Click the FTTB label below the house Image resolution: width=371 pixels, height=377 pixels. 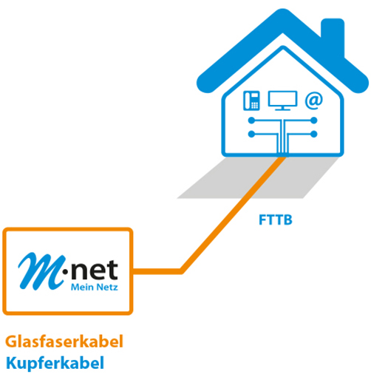(276, 220)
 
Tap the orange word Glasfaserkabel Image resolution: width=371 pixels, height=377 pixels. (64, 342)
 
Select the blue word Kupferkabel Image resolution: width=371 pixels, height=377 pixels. (55, 363)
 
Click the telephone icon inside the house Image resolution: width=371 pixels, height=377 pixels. (251, 101)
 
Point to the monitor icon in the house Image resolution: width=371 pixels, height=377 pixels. (282, 101)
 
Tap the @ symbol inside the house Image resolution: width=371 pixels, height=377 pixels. (313, 101)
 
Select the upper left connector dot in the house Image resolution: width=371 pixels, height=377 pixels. (251, 120)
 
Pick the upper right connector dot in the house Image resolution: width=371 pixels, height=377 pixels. (314, 120)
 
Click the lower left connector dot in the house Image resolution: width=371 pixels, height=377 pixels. (251, 134)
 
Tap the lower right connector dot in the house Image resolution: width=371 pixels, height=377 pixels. (314, 134)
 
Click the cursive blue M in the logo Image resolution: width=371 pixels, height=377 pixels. (41, 271)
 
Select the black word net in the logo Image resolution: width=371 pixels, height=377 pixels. (95, 270)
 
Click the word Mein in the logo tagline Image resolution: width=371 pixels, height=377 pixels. (82, 287)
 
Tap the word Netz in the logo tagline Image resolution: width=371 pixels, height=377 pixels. (107, 287)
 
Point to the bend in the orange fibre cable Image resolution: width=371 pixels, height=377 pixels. (181, 271)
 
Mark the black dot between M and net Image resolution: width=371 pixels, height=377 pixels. (65, 272)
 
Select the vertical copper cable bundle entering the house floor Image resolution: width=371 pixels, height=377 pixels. (283, 137)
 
